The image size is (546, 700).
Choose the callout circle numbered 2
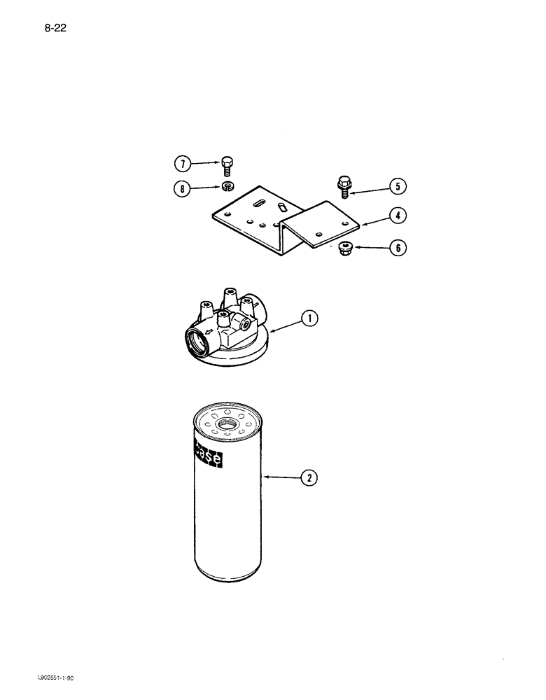pyautogui.click(x=309, y=479)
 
